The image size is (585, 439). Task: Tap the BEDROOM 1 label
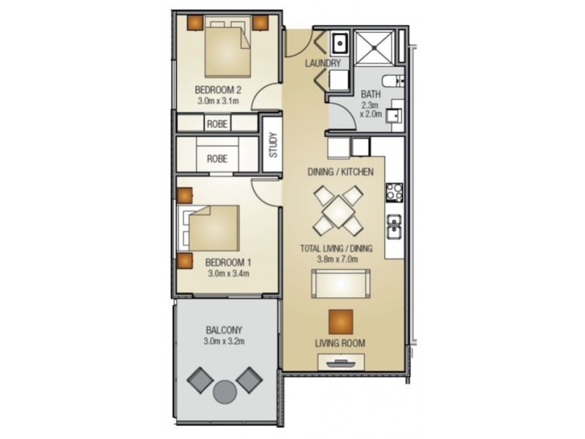tap(227, 262)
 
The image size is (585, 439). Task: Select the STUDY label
tap(272, 144)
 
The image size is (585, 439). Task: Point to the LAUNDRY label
tap(325, 64)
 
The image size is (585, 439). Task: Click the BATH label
tap(371, 94)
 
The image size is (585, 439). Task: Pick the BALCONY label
tap(224, 329)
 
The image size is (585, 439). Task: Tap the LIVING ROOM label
tap(340, 343)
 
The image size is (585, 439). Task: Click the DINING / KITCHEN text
tap(340, 172)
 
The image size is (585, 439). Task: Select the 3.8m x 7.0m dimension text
tap(336, 259)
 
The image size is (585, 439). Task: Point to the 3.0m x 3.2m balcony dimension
tap(224, 341)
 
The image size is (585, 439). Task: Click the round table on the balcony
tap(224, 391)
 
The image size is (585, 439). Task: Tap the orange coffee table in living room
tap(340, 321)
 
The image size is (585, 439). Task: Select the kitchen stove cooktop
tap(393, 192)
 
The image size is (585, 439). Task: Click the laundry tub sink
tap(339, 43)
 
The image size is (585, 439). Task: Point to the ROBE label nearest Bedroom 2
tap(217, 124)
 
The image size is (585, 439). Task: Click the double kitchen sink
tap(393, 228)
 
